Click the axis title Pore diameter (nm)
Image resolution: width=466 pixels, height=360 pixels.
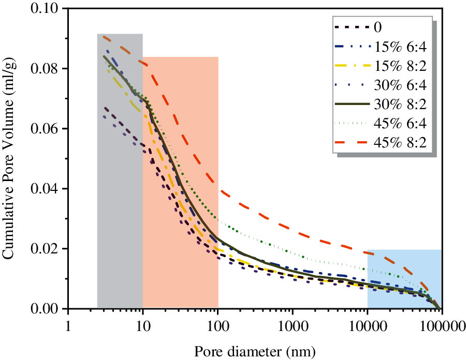click(x=254, y=351)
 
